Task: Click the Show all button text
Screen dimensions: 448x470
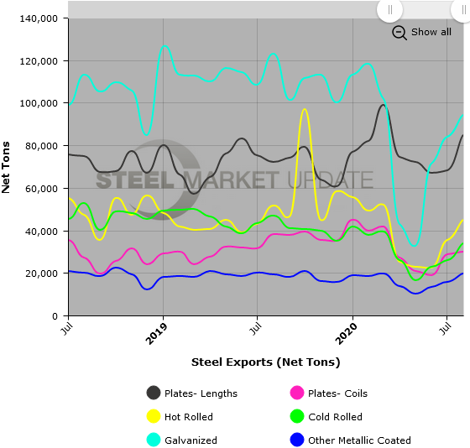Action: tap(431, 32)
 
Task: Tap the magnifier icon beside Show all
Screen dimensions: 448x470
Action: tap(399, 32)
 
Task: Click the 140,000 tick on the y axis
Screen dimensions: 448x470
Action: tap(37, 18)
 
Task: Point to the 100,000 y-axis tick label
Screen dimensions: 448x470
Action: tap(37, 103)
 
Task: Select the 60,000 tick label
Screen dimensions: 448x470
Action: tap(39, 189)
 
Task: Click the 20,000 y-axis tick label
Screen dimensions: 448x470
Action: tap(39, 273)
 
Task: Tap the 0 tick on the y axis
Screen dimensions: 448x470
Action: tap(55, 316)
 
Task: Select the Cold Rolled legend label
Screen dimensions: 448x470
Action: tap(337, 417)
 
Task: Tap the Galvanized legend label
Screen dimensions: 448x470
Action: tap(193, 440)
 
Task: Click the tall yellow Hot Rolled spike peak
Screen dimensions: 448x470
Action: tap(304, 109)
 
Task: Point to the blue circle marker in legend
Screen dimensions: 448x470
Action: tap(296, 440)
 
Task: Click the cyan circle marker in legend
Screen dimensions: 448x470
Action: tap(154, 440)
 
